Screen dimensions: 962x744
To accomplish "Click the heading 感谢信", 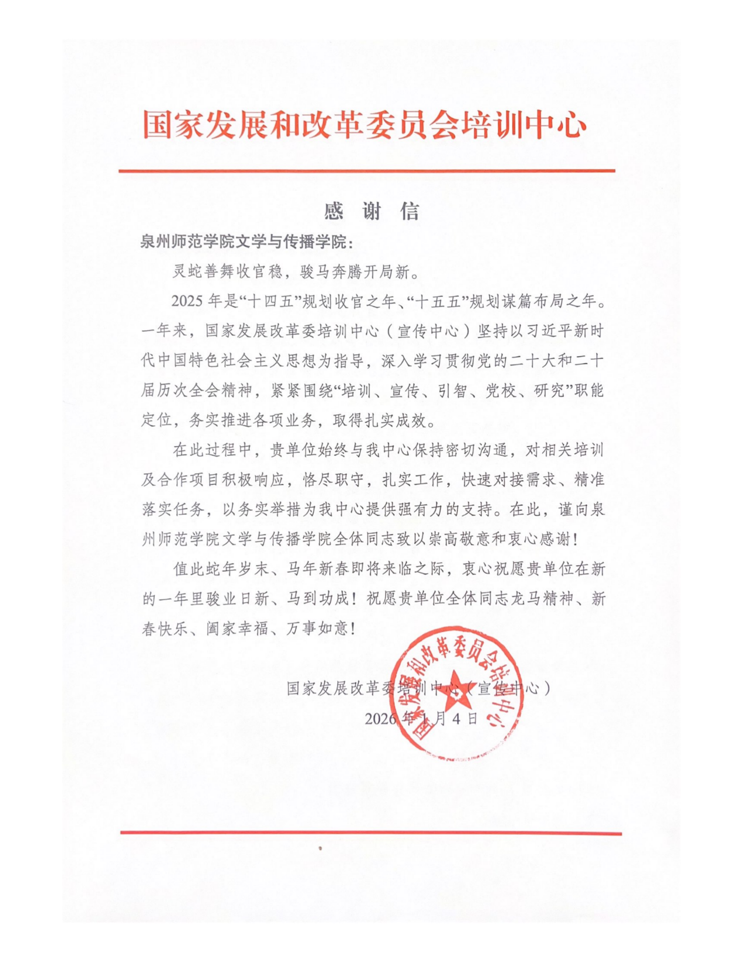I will (x=372, y=211).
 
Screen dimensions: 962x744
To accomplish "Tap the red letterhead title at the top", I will (x=364, y=125).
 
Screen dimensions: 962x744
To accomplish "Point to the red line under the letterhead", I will (x=367, y=171).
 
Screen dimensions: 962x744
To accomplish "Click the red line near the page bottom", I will (x=371, y=832).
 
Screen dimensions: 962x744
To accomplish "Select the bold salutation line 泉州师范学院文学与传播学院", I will (x=246, y=242).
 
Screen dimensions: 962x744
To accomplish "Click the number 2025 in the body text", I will (x=187, y=301).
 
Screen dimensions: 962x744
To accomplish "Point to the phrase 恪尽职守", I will (x=334, y=480).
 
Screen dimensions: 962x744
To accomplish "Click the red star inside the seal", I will (x=456, y=692).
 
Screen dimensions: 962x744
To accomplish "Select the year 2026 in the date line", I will (x=380, y=719).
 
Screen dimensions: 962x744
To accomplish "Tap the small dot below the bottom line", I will (x=320, y=848).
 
